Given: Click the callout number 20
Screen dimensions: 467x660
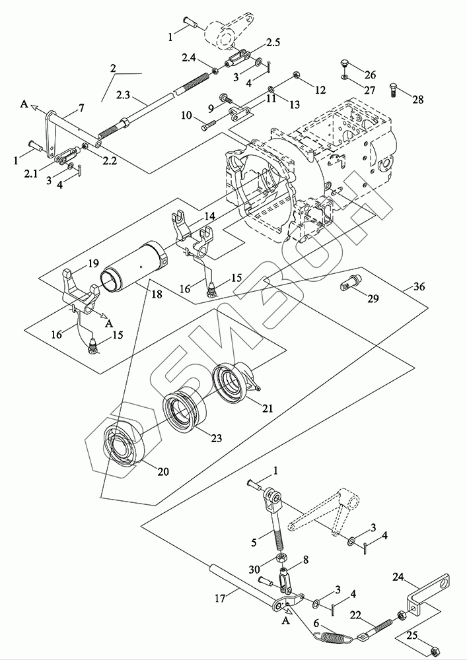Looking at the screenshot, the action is point(163,471).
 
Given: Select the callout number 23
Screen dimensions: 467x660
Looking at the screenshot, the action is point(216,438).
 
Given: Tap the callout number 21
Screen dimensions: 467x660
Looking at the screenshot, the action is point(268,408).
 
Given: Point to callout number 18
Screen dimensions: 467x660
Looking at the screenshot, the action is point(157,294).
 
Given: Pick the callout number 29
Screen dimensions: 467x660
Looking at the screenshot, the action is point(373,298).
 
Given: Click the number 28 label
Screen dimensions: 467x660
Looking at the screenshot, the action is point(417,100).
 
